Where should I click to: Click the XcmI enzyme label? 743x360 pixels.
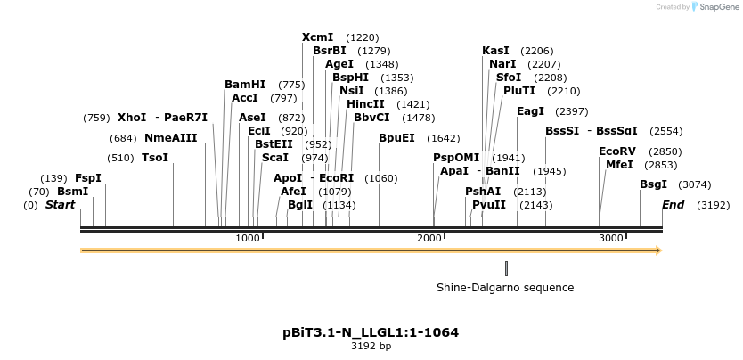317,37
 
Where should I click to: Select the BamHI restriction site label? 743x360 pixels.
245,85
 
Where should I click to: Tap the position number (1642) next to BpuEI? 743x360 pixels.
444,138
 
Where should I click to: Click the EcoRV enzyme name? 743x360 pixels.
617,151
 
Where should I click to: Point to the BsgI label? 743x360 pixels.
653,184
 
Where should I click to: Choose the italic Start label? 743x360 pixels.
60,205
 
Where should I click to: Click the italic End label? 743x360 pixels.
674,205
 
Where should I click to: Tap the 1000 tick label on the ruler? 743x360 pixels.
248,238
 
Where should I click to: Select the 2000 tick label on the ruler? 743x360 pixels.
430,238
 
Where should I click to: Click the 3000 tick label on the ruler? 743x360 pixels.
611,238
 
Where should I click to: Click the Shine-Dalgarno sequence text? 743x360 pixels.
505,288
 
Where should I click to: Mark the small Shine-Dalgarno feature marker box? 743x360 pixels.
506,268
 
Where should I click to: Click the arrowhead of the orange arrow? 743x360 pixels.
658,250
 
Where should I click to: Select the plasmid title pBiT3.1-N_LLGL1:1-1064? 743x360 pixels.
371,332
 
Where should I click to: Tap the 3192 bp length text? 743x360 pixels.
371,347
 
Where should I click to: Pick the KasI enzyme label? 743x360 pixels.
495,51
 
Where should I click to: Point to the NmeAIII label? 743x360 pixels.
170,138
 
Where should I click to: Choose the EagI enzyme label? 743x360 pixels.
530,111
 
